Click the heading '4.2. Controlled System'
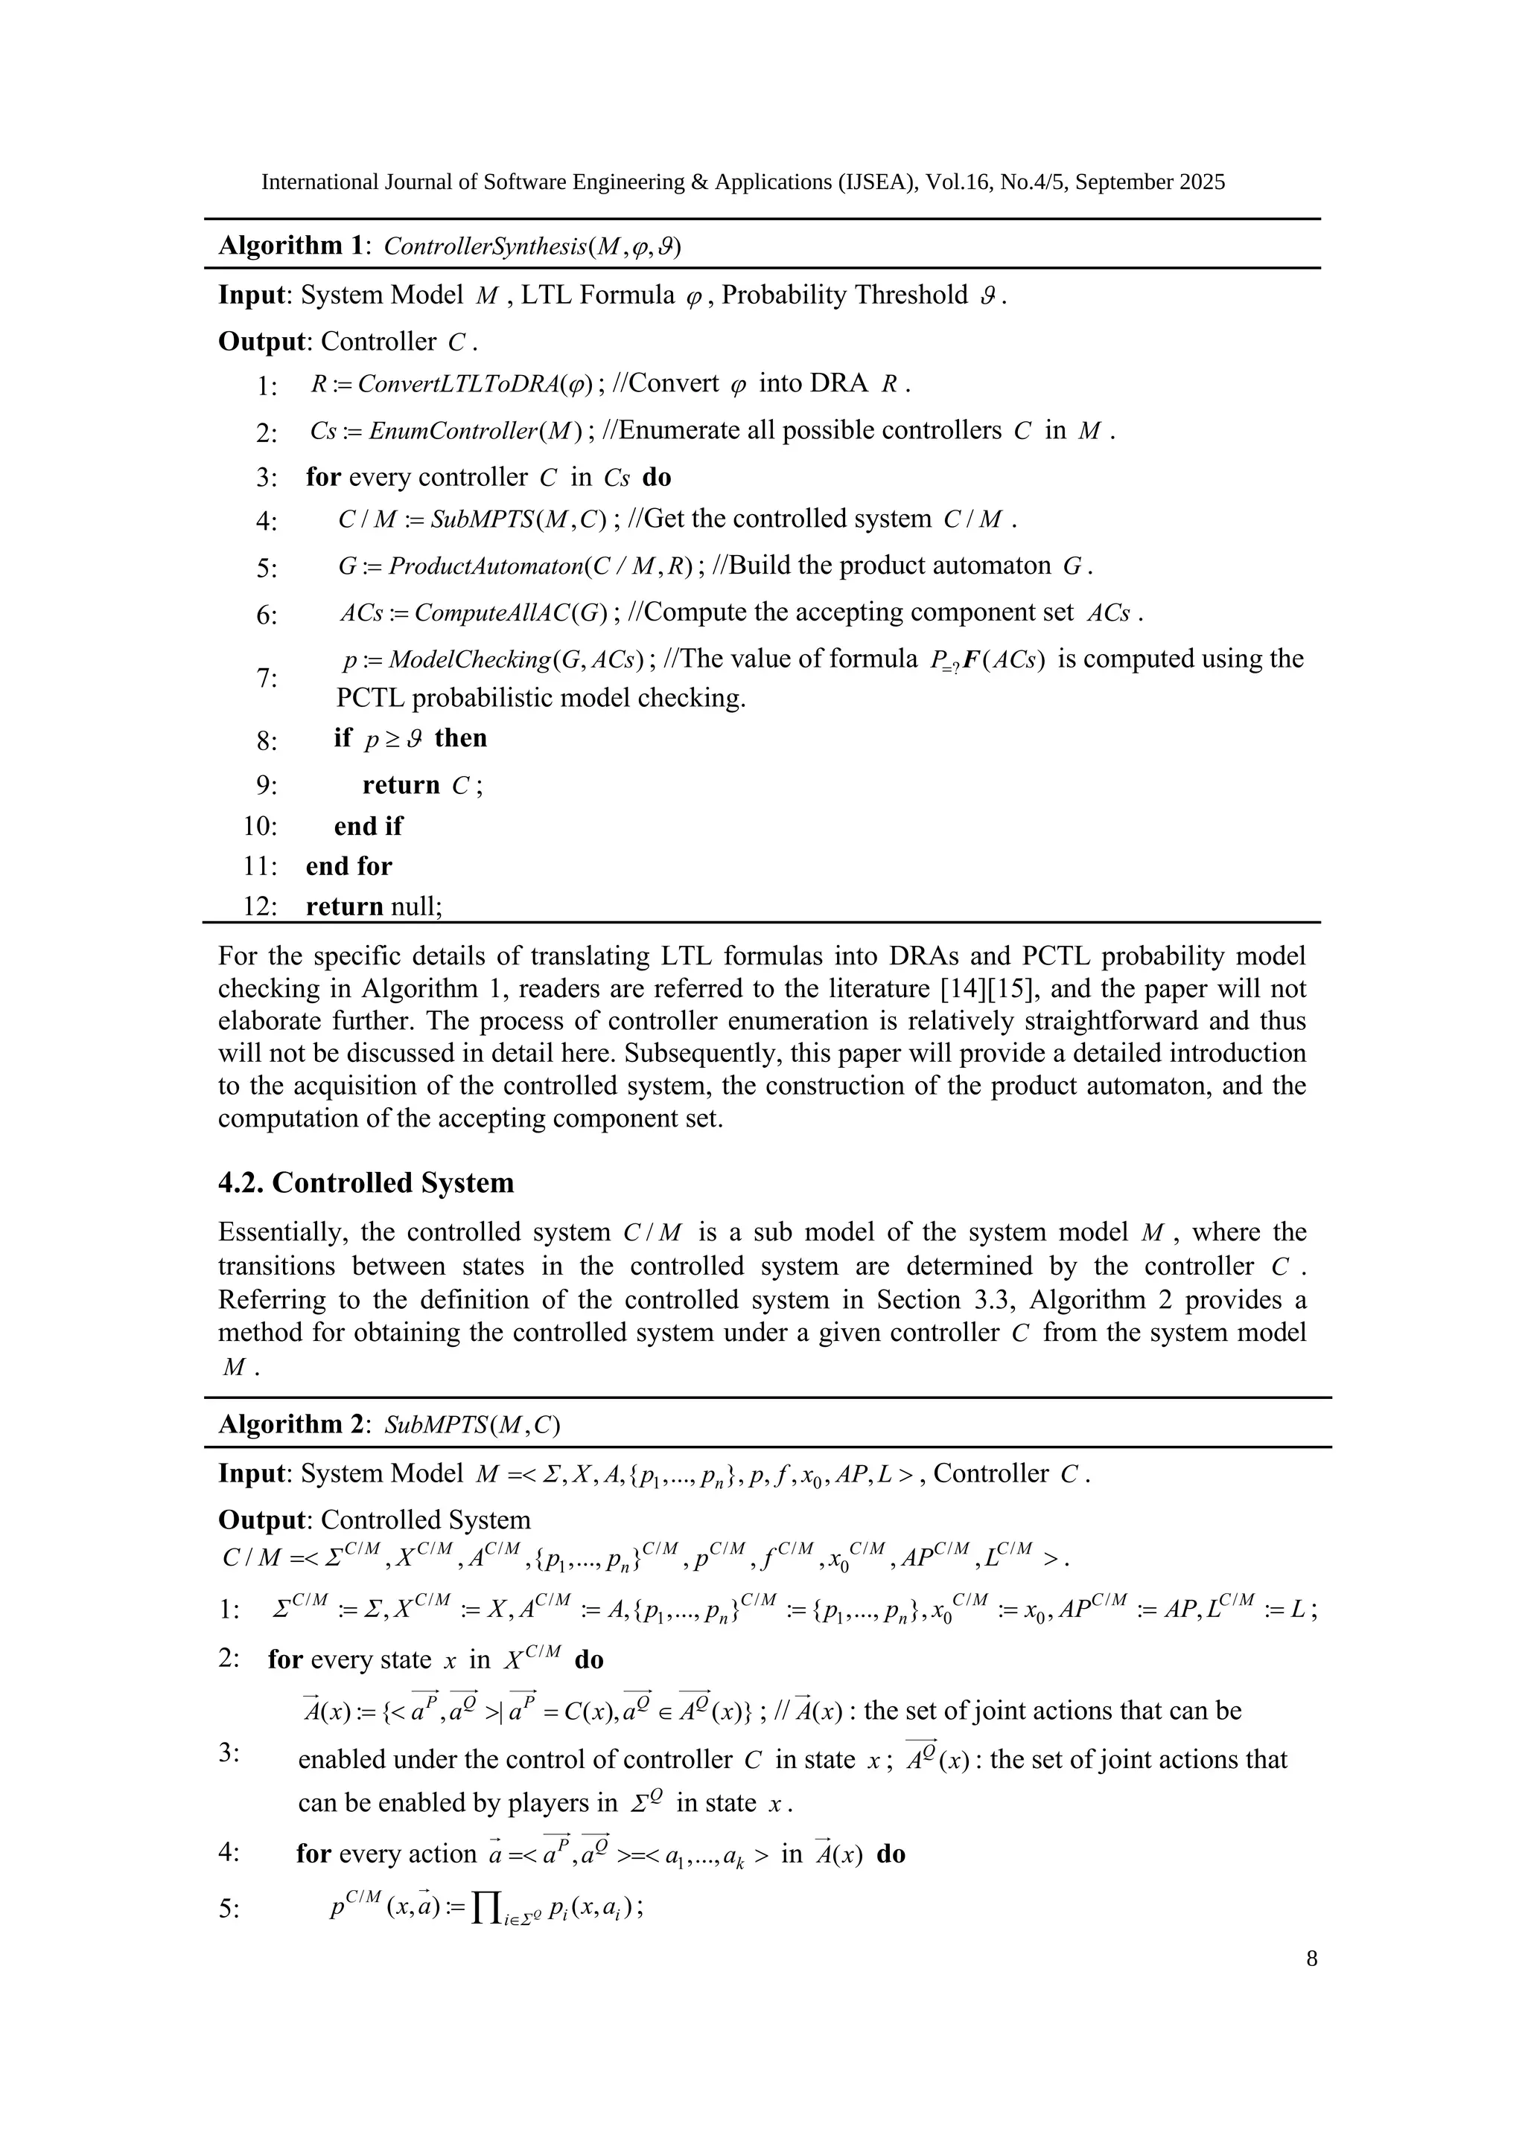pos(366,1182)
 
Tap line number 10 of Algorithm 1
pos(260,827)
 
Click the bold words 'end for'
pos(348,866)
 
